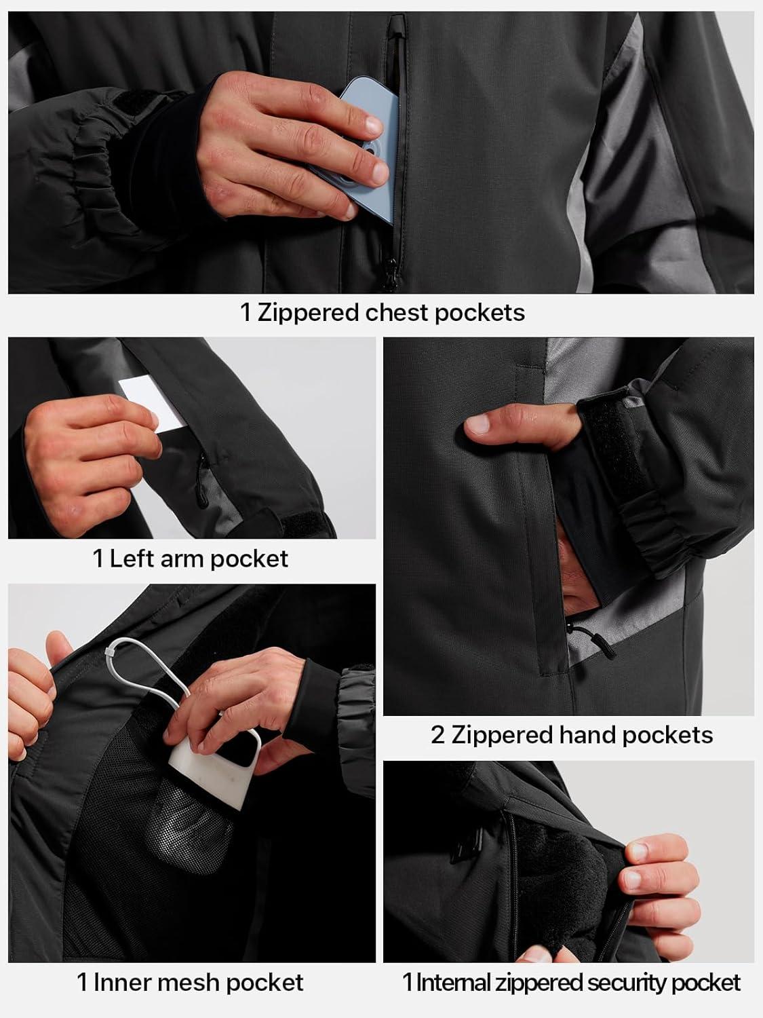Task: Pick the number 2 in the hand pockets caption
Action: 437,736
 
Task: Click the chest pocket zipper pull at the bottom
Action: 390,274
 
